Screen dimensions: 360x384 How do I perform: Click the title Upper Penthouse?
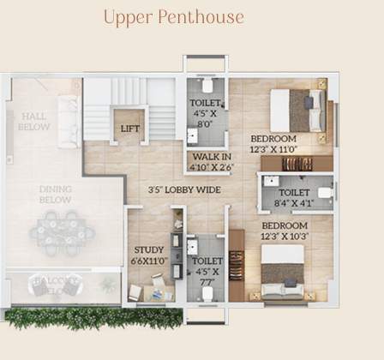(174, 17)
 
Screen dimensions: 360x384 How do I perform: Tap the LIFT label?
(130, 129)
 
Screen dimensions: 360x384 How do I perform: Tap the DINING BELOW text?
(55, 194)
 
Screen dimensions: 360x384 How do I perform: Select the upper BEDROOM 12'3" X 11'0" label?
(273, 143)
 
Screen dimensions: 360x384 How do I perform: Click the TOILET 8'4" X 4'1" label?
(294, 198)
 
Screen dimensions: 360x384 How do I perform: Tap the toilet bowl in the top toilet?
(207, 86)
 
